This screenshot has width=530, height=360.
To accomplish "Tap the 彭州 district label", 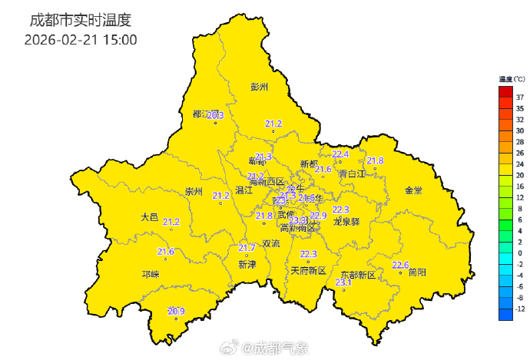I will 260,87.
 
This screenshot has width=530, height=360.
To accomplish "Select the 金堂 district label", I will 413,190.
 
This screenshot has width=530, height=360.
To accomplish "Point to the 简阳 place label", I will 418,272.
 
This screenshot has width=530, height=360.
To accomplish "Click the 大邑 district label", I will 150,217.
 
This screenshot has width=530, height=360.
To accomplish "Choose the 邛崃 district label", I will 150,274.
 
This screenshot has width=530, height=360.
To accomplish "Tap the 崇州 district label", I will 194,192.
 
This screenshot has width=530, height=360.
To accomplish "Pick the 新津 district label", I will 247,265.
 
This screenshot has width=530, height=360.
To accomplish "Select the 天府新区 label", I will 309,271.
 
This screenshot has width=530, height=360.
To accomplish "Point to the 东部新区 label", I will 358,275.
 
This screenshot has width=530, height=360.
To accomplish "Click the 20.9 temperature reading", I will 176,311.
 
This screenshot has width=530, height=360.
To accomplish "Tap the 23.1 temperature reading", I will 343,283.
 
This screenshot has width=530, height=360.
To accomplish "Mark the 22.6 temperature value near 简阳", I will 400,265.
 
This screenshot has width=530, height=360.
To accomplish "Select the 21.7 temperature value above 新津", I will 247,247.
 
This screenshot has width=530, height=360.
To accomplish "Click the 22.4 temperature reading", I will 340,154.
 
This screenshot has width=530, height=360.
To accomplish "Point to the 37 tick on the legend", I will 521,97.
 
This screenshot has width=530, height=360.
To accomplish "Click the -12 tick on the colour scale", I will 519,309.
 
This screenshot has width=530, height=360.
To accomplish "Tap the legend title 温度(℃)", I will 512,79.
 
